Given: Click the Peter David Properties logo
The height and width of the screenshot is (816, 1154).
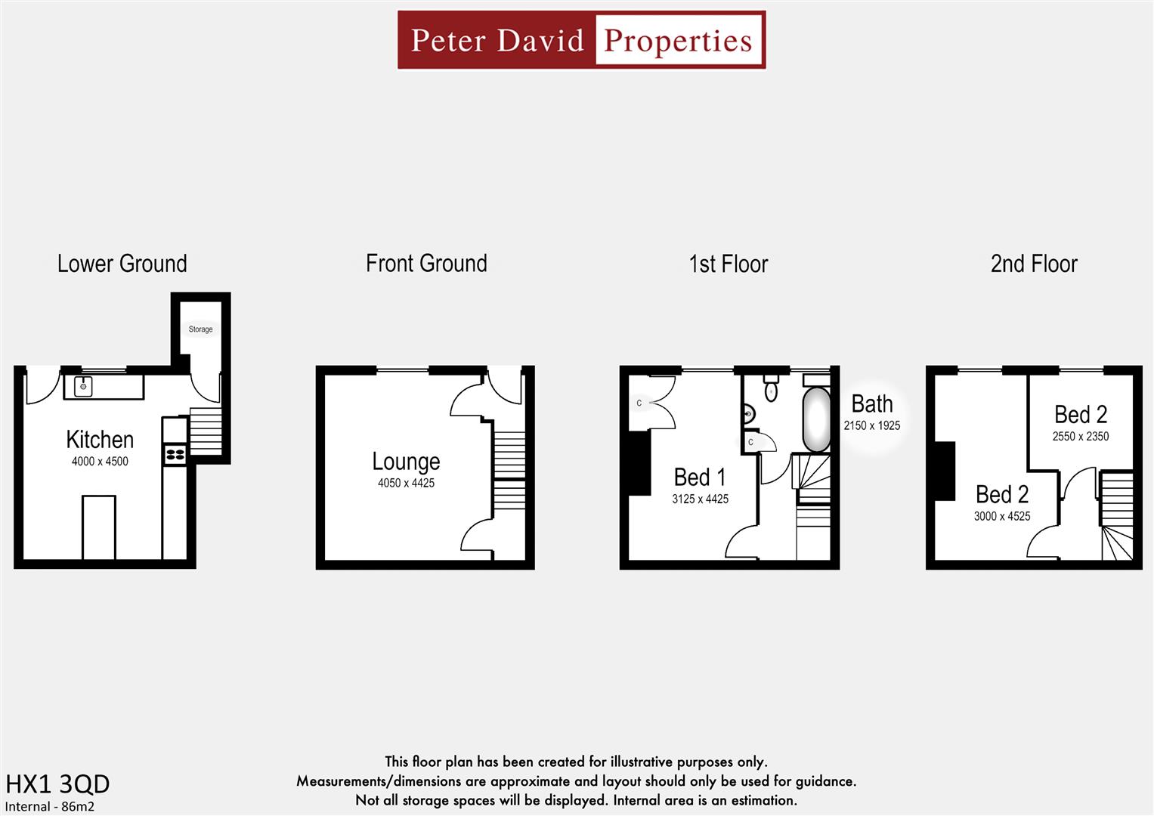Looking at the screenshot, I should [x=581, y=40].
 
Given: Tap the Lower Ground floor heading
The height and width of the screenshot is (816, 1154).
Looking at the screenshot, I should [x=122, y=264].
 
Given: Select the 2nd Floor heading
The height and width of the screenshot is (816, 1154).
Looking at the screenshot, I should [x=1033, y=264].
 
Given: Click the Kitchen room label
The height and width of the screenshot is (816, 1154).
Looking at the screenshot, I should [x=100, y=440].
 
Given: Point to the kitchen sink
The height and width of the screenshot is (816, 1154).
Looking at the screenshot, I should [x=83, y=386].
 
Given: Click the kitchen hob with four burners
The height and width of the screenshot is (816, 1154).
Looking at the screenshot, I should [x=175, y=454].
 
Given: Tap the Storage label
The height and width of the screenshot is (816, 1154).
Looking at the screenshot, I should [x=200, y=329].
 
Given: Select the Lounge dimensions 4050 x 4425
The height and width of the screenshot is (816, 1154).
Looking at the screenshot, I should [x=406, y=484].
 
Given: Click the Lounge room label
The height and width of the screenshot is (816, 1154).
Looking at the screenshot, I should [x=406, y=462].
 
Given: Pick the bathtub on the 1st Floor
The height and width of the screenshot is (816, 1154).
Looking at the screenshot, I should [x=815, y=419].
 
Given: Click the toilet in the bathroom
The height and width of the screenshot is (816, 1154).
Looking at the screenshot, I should [x=771, y=388].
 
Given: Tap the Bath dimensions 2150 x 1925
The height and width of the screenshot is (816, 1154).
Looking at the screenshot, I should [x=871, y=426].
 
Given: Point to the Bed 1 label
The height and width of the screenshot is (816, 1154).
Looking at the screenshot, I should [x=700, y=478].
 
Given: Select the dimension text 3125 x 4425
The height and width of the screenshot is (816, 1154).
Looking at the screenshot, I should [x=700, y=499].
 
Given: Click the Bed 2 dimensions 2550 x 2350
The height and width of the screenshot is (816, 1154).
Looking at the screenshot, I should [x=1080, y=437].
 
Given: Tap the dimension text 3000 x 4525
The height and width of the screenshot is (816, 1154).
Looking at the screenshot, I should [x=1001, y=517].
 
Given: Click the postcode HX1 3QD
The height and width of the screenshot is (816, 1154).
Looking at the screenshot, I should [x=57, y=784].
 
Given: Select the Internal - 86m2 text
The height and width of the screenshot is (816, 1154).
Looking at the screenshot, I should [x=50, y=806].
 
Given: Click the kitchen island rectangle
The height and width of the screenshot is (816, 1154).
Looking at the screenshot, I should [x=99, y=527].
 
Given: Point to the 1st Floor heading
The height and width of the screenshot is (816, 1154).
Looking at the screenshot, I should [x=728, y=264].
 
